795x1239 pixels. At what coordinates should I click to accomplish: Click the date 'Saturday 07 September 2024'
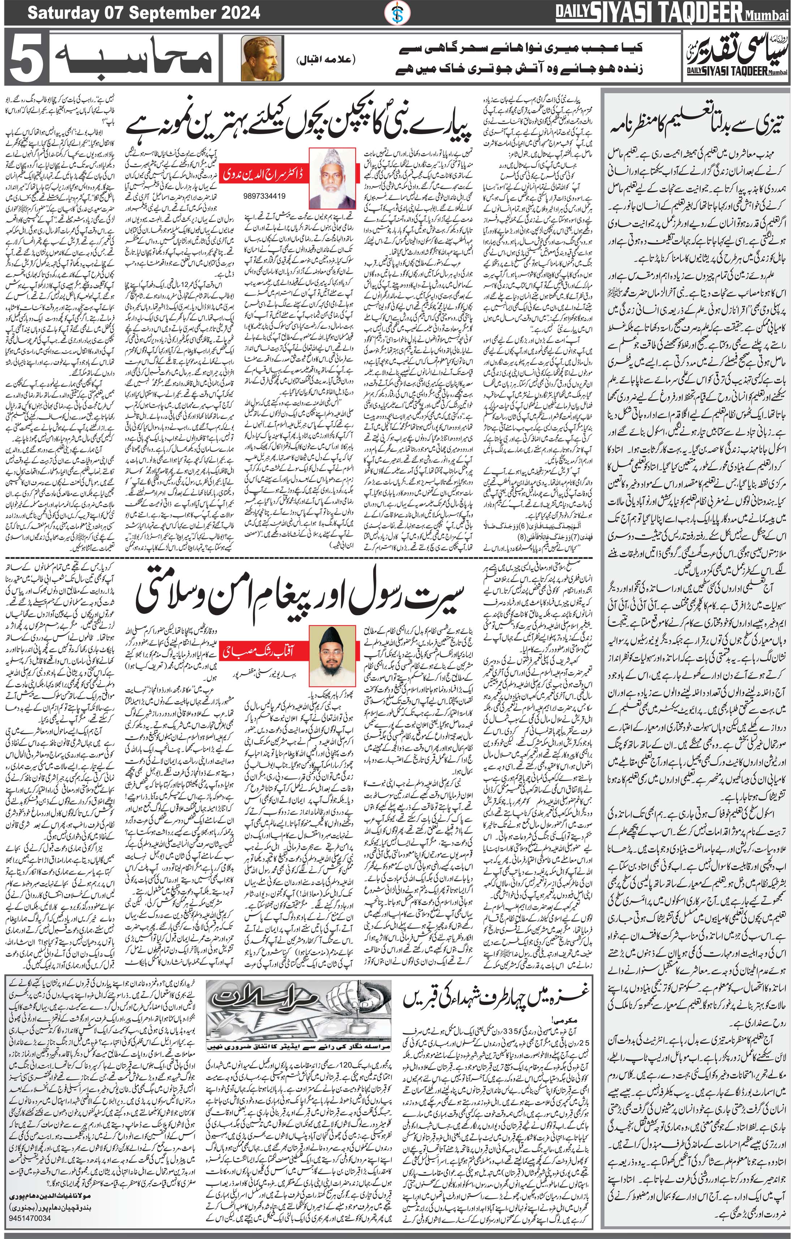point(143,12)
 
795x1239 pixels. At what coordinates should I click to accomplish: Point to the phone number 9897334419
point(263,196)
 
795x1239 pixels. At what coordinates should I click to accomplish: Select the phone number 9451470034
point(30,1229)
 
